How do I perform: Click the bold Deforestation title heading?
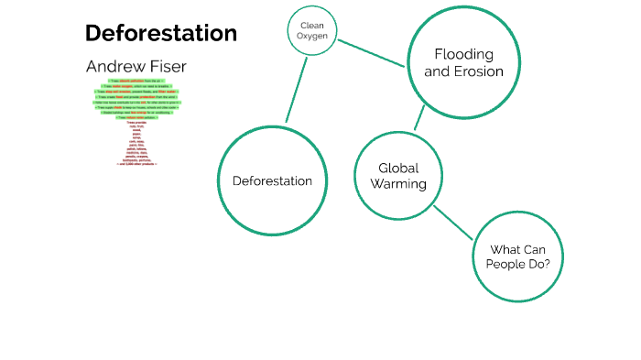pos(161,33)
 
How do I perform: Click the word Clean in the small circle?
pos(313,25)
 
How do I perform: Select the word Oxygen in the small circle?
pos(313,36)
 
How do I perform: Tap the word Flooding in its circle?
pos(463,54)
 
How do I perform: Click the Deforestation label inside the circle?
pos(272,180)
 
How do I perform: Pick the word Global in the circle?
pos(398,168)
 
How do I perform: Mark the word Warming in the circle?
pos(398,184)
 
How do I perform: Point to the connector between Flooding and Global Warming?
pos(418,117)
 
